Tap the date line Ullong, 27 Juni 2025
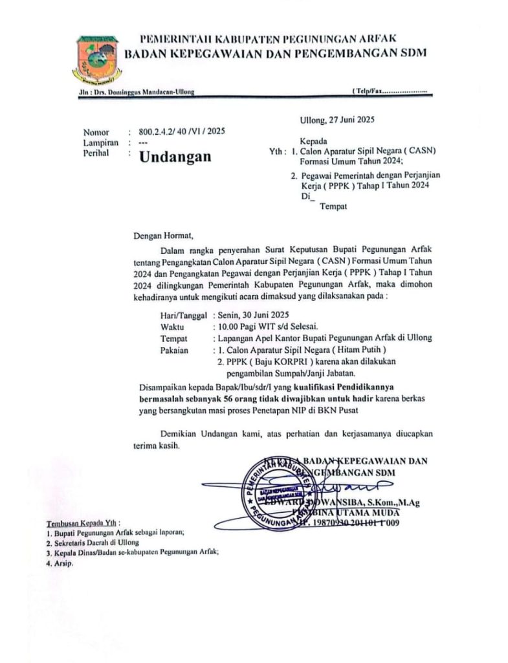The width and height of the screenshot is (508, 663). tap(337, 119)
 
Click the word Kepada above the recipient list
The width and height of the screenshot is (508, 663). tap(313, 140)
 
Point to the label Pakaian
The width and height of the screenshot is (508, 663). tap(173, 350)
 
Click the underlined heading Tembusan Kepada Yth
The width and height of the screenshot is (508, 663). tap(83, 523)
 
